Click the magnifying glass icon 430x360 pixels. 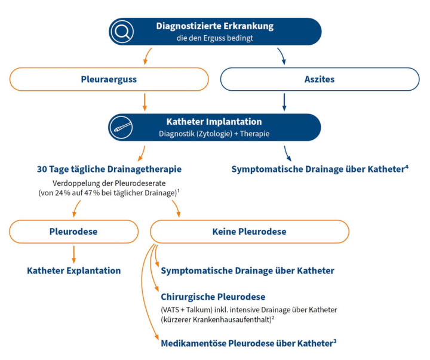coord(122,32)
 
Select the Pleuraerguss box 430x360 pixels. coord(109,79)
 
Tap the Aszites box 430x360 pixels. coord(320,79)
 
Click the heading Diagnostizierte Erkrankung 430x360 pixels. coord(214,26)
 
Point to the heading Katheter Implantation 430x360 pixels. coord(214,121)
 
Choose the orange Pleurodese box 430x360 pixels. coord(74,232)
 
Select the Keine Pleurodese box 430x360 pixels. coord(249,232)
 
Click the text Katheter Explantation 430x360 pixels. coord(74,270)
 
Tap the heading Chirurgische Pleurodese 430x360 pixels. coord(213,297)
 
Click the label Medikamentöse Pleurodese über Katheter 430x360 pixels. coord(246,343)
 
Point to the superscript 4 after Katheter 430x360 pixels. coord(407,166)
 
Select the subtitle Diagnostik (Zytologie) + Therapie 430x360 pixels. coord(214,134)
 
